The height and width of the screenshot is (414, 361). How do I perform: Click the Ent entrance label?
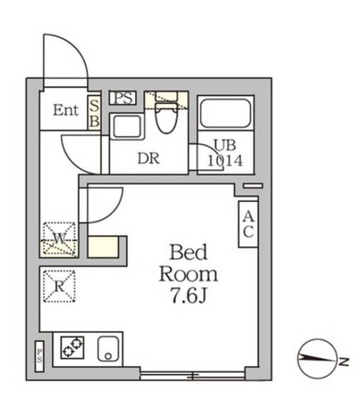(x=66, y=110)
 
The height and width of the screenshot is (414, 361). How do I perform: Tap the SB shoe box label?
(x=94, y=114)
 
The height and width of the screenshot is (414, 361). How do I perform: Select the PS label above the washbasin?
(x=123, y=98)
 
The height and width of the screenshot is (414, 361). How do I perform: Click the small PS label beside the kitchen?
(x=39, y=356)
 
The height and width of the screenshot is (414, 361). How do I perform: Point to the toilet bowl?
(x=166, y=118)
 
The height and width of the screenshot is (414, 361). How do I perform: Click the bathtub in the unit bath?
(x=225, y=113)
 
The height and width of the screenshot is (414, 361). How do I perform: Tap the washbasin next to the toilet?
(x=127, y=126)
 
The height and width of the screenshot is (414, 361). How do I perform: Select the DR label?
(x=148, y=158)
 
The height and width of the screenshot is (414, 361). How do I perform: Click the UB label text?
(x=225, y=146)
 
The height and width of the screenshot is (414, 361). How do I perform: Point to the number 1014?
(x=225, y=160)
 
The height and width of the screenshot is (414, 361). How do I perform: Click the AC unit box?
(x=248, y=224)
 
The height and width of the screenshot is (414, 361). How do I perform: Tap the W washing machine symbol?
(x=60, y=239)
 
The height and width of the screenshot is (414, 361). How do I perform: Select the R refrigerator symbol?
(x=60, y=286)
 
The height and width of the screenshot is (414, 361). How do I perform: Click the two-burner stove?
(x=73, y=347)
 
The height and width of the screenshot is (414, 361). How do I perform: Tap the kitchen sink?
(x=108, y=349)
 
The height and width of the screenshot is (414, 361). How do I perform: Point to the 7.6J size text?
(x=189, y=295)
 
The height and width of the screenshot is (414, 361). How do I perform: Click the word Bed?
(x=188, y=252)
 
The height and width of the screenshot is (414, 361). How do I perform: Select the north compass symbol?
(x=318, y=359)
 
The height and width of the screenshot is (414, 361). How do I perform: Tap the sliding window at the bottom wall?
(x=193, y=375)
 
